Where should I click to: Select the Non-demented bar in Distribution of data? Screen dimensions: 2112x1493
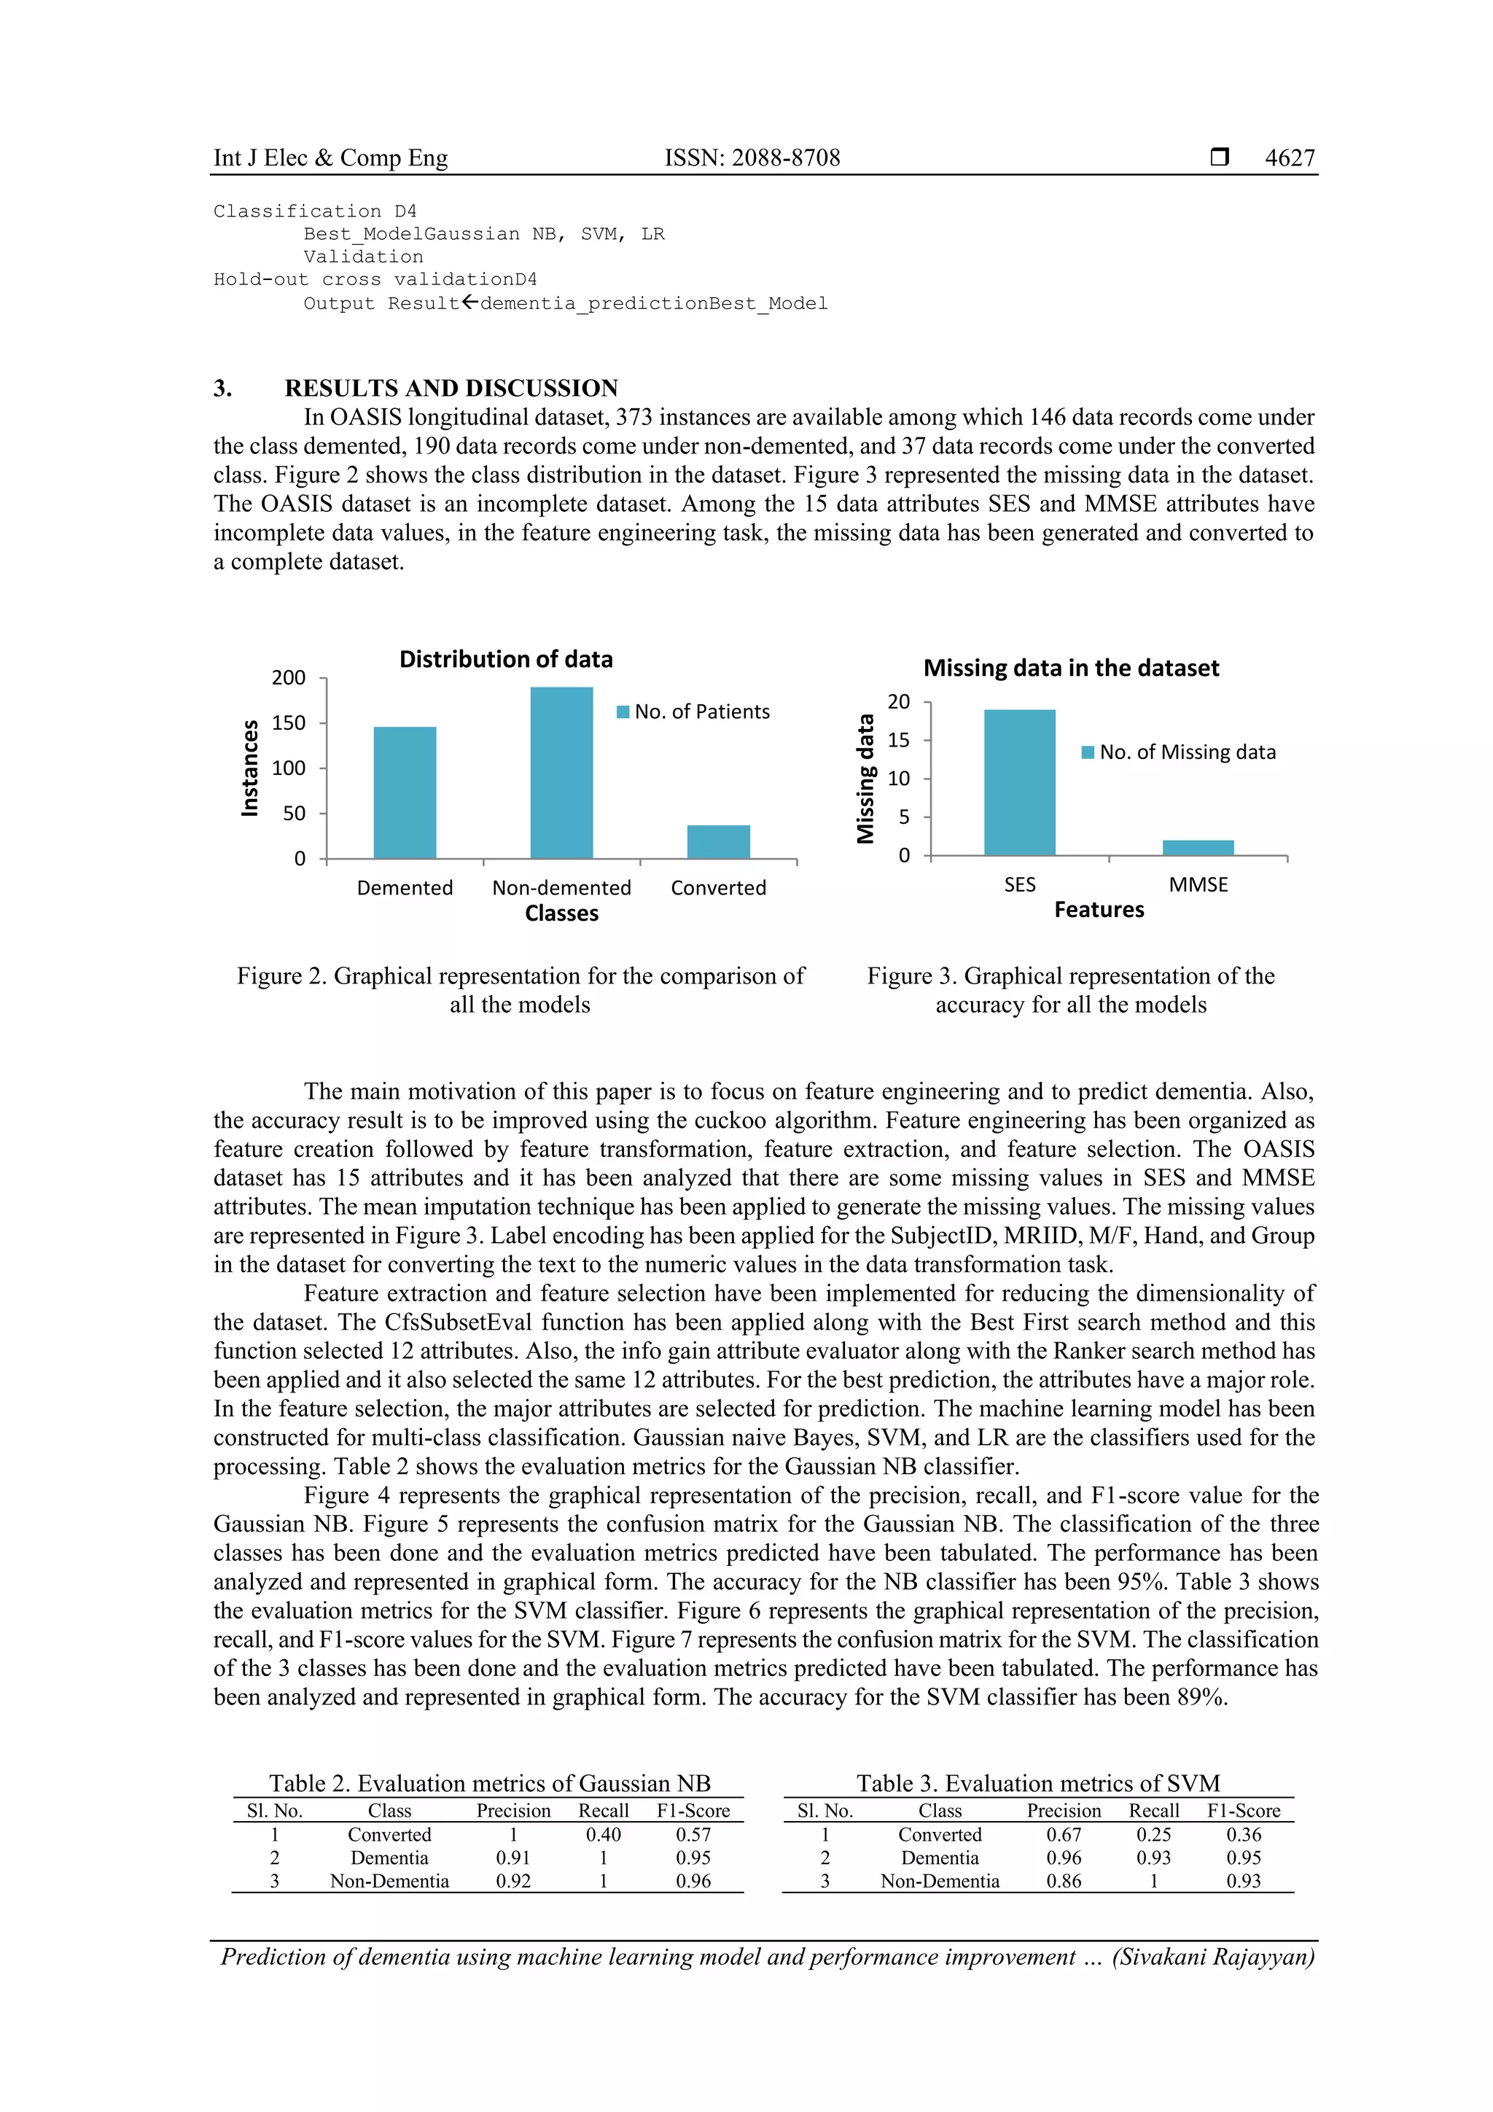point(561,773)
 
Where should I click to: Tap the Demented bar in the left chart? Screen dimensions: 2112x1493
point(405,793)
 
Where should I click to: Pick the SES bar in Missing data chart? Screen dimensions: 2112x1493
point(1019,782)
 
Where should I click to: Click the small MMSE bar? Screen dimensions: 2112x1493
point(1198,847)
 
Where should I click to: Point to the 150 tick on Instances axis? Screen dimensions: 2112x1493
point(288,723)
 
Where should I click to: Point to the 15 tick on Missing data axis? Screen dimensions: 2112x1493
point(899,741)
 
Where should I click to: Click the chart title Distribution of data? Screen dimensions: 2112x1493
point(506,660)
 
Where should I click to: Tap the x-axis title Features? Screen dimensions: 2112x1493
point(1099,910)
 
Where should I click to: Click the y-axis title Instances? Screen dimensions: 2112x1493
point(249,768)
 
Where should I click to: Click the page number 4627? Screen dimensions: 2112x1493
point(1289,158)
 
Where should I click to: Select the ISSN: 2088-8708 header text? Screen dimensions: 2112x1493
point(752,158)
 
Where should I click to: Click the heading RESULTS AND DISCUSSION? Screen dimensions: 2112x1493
point(451,388)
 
